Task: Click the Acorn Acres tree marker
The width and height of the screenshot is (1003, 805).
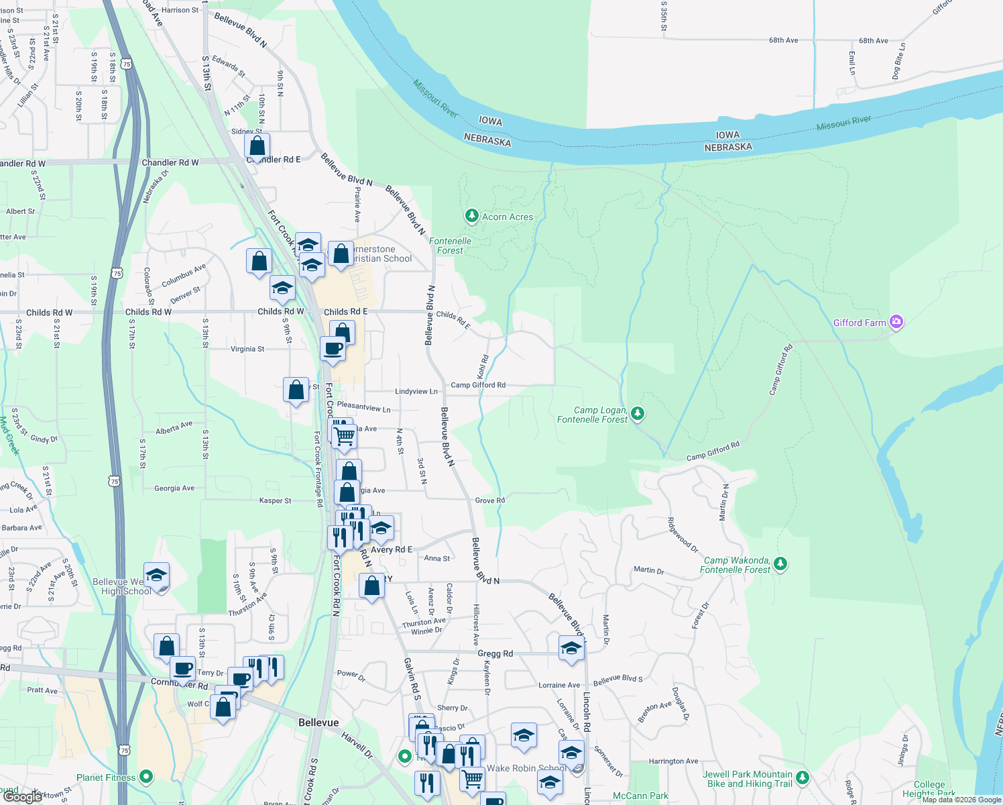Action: tap(472, 216)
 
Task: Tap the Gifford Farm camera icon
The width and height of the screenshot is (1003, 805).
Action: tap(896, 323)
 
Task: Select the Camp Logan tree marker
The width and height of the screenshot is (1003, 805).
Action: tap(638, 413)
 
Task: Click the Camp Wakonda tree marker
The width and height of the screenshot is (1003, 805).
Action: tap(780, 563)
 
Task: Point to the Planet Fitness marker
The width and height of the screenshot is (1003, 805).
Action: tap(146, 777)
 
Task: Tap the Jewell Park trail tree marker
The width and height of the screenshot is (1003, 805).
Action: tap(803, 778)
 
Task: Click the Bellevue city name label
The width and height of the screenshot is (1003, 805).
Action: tap(318, 722)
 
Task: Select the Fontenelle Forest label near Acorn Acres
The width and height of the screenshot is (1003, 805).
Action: tap(450, 246)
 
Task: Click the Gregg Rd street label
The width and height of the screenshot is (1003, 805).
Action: tap(495, 653)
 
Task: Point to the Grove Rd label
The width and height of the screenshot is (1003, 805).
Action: tap(489, 500)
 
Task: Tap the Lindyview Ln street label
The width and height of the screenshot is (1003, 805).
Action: tap(416, 391)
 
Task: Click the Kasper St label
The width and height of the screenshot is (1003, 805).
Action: tap(275, 500)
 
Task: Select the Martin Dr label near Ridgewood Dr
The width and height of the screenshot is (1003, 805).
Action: tap(648, 570)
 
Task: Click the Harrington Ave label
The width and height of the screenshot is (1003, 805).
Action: tap(673, 761)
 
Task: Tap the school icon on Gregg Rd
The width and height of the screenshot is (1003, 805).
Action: tap(571, 648)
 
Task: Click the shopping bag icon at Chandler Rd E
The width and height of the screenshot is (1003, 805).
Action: tap(257, 146)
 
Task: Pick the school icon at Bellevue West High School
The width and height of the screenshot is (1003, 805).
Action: tap(156, 576)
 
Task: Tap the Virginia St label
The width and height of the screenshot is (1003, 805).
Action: tap(247, 349)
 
